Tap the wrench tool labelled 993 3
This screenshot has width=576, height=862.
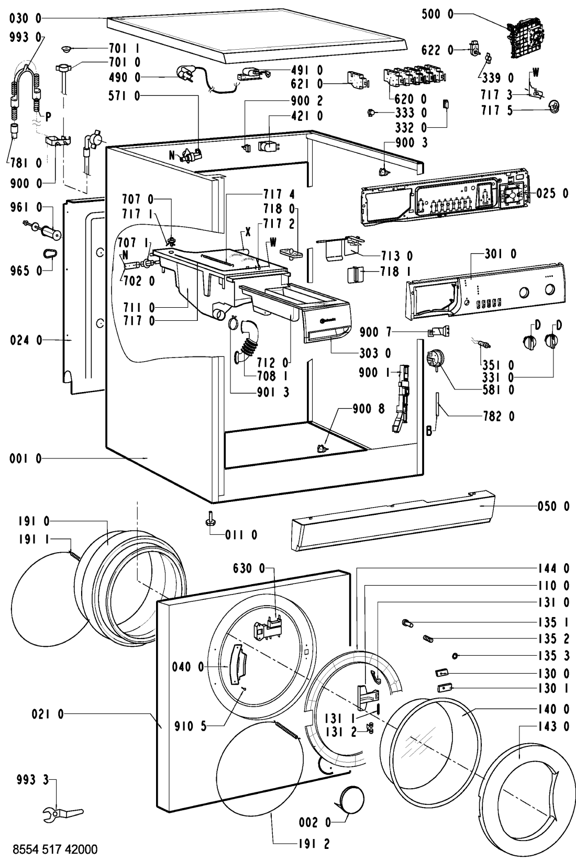pyautogui.click(x=62, y=799)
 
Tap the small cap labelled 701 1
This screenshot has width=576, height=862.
pyautogui.click(x=67, y=49)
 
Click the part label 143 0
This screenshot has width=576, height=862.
pyautogui.click(x=553, y=726)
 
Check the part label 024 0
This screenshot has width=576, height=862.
pyautogui.click(x=26, y=341)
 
